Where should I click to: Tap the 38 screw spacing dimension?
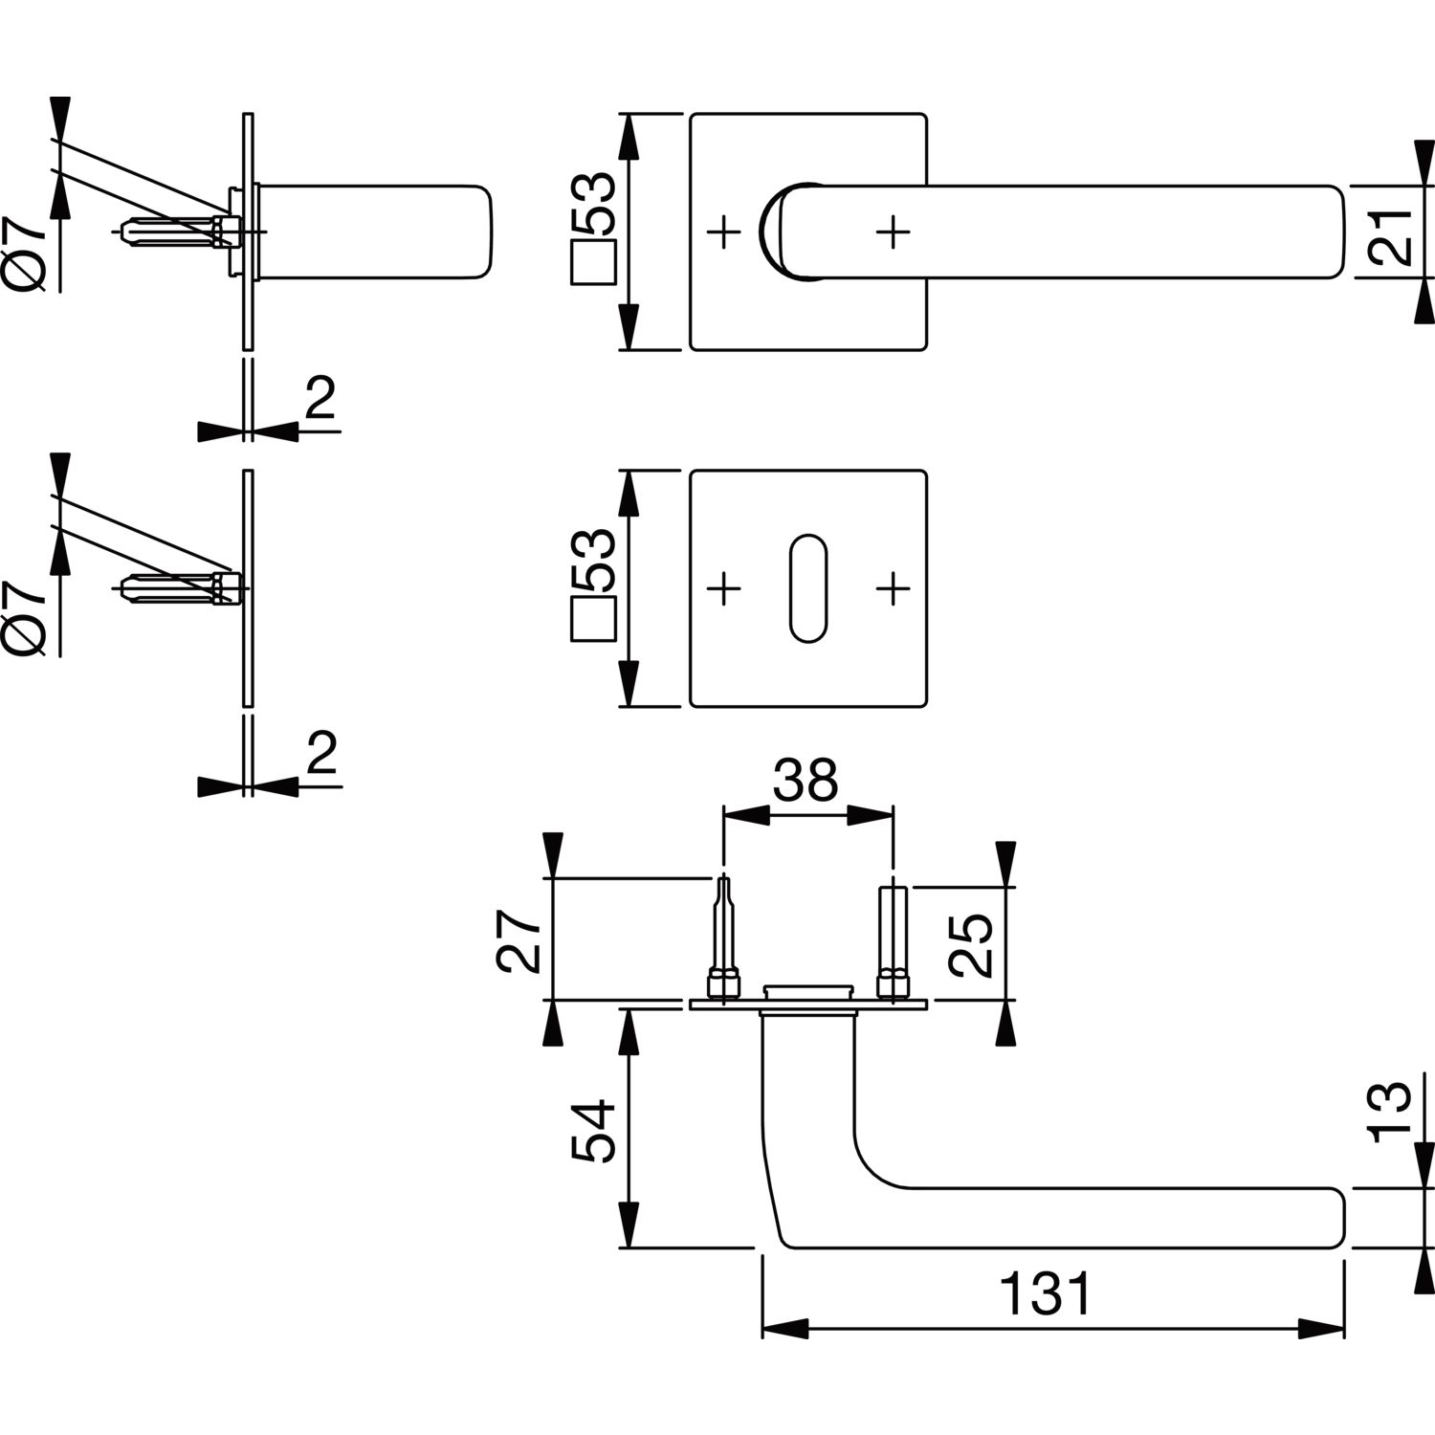(806, 781)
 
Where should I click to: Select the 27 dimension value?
(523, 941)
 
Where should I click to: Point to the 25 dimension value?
(973, 944)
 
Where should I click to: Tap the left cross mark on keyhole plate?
(724, 588)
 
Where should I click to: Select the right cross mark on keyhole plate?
(892, 588)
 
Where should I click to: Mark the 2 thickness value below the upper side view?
(320, 400)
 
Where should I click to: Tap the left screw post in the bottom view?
(724, 940)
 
